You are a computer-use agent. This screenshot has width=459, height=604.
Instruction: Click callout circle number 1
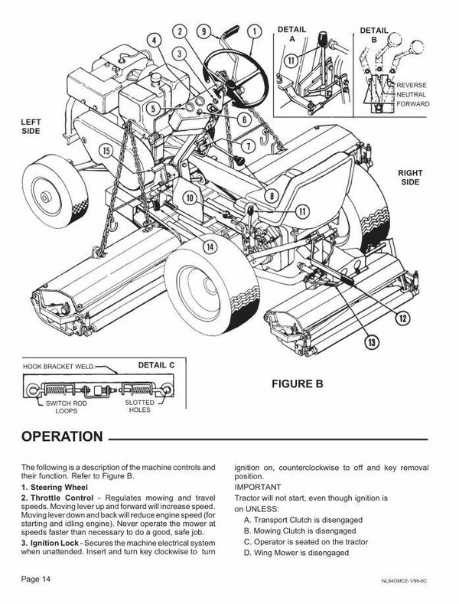pyautogui.click(x=254, y=31)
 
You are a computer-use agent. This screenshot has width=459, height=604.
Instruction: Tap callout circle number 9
pyautogui.click(x=204, y=31)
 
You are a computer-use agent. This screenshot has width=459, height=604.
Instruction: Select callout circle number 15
pyautogui.click(x=106, y=150)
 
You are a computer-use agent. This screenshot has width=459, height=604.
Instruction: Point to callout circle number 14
pyautogui.click(x=210, y=247)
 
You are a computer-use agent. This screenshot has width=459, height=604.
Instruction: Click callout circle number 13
pyautogui.click(x=372, y=342)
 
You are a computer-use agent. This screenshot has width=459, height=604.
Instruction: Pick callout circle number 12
pyautogui.click(x=403, y=318)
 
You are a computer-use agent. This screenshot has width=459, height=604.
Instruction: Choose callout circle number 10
pyautogui.click(x=190, y=198)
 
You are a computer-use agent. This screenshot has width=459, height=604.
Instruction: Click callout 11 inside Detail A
pyautogui.click(x=291, y=60)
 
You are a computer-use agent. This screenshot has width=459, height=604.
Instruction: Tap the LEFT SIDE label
pyautogui.click(x=31, y=126)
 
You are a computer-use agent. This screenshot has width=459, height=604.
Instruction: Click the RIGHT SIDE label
pyautogui.click(x=410, y=177)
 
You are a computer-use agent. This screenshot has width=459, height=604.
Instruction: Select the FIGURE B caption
pyautogui.click(x=298, y=384)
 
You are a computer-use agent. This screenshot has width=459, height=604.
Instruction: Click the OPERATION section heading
pyautogui.click(x=62, y=436)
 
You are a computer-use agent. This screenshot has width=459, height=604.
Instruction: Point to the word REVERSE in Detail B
pyautogui.click(x=412, y=85)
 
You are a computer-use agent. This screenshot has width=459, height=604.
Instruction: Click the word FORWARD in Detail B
pyautogui.click(x=413, y=104)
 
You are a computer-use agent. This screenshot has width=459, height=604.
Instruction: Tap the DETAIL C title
pyautogui.click(x=156, y=365)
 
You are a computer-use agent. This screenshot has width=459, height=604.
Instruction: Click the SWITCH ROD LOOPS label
pyautogui.click(x=67, y=406)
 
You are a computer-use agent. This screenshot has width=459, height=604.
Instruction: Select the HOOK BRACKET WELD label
pyautogui.click(x=59, y=367)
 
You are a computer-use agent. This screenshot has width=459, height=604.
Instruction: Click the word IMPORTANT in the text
pyautogui.click(x=258, y=487)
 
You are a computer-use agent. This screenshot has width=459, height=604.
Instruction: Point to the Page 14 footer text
pyautogui.click(x=36, y=579)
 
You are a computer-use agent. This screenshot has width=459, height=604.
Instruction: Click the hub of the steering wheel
pyautogui.click(x=232, y=83)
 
